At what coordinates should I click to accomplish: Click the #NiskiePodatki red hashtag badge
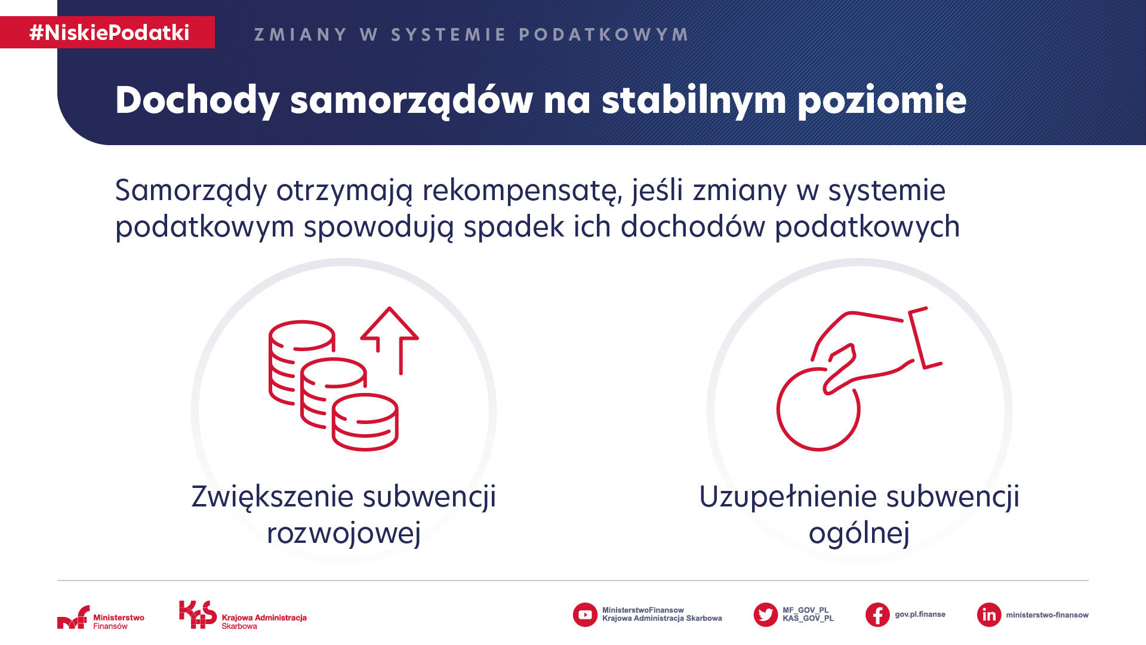pos(107,32)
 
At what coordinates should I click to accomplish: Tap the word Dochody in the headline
pos(197,100)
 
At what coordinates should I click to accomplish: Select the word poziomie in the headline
pos(882,100)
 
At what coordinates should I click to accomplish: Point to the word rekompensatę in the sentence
pos(519,191)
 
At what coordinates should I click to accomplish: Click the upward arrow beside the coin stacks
pos(390,340)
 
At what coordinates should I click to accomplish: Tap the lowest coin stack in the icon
pos(365,422)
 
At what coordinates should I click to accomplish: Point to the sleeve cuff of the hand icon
pos(924,337)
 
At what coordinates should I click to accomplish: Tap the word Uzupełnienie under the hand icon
pos(788,497)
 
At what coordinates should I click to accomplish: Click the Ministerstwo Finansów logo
pos(101,618)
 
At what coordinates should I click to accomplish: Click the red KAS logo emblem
pos(198,615)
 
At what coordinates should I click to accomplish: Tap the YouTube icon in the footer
pos(585,615)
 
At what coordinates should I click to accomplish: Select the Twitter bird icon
pos(766,615)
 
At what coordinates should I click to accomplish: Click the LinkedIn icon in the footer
pos(989,615)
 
